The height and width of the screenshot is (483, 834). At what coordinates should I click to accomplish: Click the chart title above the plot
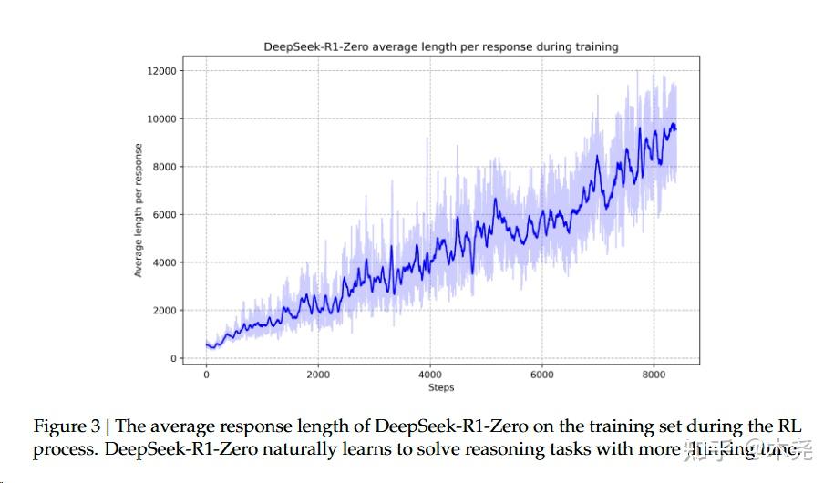coord(440,46)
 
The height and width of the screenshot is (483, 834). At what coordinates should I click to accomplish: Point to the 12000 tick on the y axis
coord(164,71)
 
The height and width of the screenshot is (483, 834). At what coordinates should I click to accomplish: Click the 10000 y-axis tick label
coord(164,119)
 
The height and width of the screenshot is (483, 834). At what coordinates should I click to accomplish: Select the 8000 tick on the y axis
coord(167,167)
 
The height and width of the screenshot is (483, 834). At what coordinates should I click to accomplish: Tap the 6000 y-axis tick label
coord(167,215)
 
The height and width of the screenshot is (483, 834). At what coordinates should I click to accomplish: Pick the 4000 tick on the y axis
coord(167,262)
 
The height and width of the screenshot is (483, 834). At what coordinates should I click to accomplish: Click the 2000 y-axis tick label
coord(167,311)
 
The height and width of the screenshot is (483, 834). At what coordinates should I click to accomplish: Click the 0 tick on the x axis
coord(206,375)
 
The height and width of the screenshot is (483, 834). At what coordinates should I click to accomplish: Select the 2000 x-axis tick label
coord(318,375)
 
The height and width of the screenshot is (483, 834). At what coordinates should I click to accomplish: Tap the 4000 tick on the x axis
coord(430,375)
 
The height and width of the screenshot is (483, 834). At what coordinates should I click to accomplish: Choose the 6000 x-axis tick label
coord(542,375)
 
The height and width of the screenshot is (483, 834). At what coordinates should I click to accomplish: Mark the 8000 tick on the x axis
coord(654,375)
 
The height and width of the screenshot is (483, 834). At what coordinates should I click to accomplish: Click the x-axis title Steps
coord(440,388)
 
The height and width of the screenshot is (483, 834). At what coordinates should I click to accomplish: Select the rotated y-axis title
coord(139,211)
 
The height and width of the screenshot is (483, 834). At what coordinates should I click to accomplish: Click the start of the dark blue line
coord(206,344)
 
